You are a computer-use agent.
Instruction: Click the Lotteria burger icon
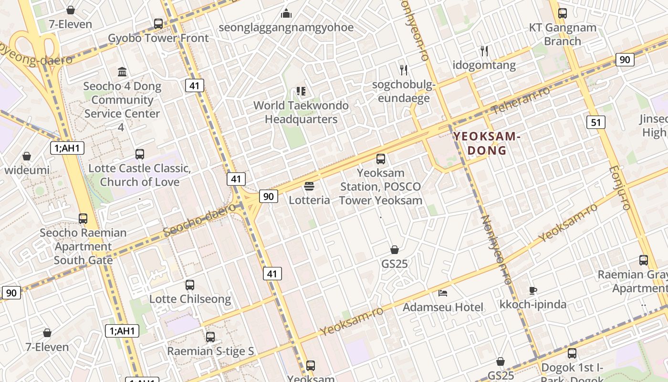tap(309, 186)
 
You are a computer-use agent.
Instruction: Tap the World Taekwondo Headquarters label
tap(301, 112)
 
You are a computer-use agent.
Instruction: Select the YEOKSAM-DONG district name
tap(486, 143)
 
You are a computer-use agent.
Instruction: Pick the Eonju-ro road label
tap(620, 188)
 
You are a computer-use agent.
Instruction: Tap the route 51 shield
tap(595, 122)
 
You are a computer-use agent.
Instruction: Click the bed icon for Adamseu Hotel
tap(443, 293)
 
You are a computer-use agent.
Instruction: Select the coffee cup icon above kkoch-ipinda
tap(533, 290)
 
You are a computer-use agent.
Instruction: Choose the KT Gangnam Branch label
tap(563, 34)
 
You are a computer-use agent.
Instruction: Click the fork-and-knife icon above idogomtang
tap(484, 51)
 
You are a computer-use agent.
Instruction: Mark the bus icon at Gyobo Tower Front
tap(158, 23)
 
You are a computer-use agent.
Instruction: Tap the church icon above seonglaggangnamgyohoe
tap(286, 13)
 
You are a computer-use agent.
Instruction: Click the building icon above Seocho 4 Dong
tap(122, 72)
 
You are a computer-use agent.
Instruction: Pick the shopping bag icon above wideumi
tap(27, 156)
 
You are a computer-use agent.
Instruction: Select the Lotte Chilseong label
tap(190, 299)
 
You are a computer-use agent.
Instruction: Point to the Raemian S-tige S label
tap(210, 351)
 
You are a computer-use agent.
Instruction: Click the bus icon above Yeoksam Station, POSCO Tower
tap(381, 159)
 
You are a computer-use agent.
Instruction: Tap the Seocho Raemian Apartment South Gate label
tap(83, 246)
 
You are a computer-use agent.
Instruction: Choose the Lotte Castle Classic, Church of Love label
tap(139, 175)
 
